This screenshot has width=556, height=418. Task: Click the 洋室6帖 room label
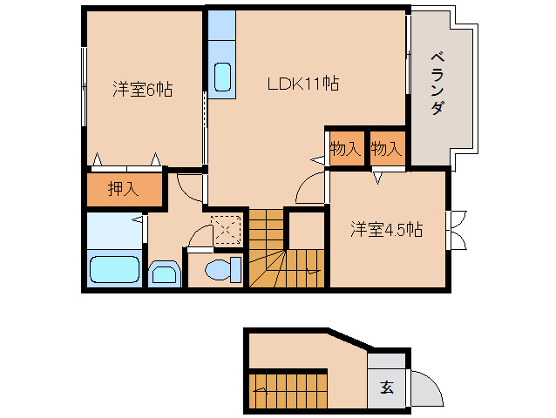tap(143, 89)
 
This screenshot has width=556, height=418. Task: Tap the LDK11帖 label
tap(302, 84)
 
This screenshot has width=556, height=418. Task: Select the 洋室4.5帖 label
tap(387, 229)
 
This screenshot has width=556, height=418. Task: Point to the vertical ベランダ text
tap(438, 84)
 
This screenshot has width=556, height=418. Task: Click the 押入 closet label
tap(124, 189)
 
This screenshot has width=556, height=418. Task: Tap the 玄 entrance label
tap(387, 388)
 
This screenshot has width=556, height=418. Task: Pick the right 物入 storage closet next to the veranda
tap(388, 148)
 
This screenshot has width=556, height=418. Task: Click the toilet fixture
tap(223, 270)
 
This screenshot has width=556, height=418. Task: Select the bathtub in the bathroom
tap(114, 269)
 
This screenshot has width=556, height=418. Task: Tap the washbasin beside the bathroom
tap(165, 273)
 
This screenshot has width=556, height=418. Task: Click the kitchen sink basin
tap(222, 77)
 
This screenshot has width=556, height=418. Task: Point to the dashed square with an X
tap(227, 230)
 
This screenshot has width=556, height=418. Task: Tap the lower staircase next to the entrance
tap(288, 391)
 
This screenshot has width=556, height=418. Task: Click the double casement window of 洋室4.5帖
tap(457, 230)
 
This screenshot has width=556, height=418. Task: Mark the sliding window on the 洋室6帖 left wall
tap(84, 87)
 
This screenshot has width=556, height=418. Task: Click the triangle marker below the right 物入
tap(377, 178)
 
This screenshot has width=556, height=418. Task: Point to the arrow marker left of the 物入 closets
tap(317, 160)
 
